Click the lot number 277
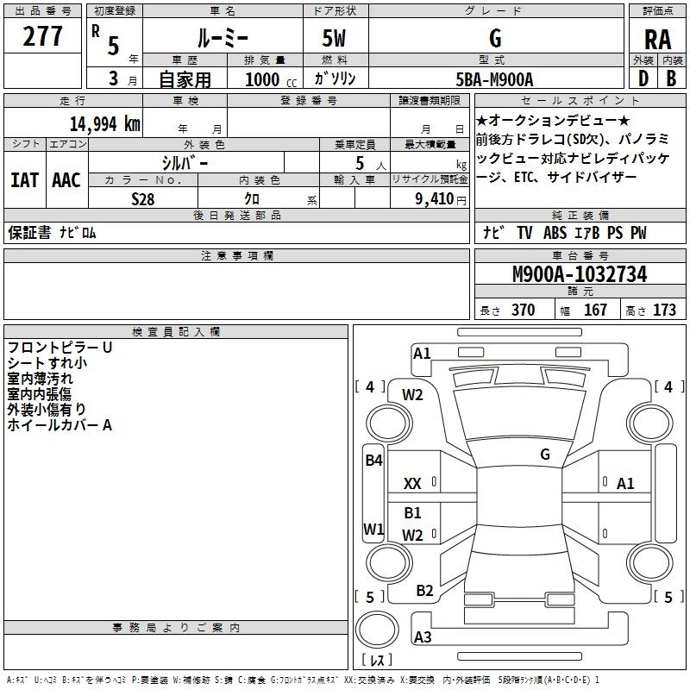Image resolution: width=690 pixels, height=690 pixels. tap(42, 37)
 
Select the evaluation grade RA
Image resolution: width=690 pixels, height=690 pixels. tap(657, 40)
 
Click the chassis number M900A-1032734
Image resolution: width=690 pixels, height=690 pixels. tap(579, 274)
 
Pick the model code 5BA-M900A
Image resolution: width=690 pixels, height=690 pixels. tap(494, 79)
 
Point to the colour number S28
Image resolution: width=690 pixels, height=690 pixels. tap(142, 198)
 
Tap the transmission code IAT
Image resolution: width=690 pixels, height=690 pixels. tap(24, 180)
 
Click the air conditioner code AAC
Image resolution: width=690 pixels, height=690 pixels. tap(66, 180)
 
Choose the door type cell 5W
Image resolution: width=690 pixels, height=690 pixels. tap(336, 39)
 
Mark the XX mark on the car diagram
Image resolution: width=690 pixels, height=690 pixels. tap(413, 484)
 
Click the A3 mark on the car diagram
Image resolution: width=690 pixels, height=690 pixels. tap(423, 637)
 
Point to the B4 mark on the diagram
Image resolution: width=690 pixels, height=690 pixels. tap(373, 460)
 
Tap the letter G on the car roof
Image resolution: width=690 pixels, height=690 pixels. tap(545, 454)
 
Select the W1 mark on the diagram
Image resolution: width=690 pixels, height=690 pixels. tap(373, 528)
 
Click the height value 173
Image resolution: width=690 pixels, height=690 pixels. tap(664, 310)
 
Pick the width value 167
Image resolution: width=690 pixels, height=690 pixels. tap(595, 310)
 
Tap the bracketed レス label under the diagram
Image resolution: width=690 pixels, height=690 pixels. tap(376, 660)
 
